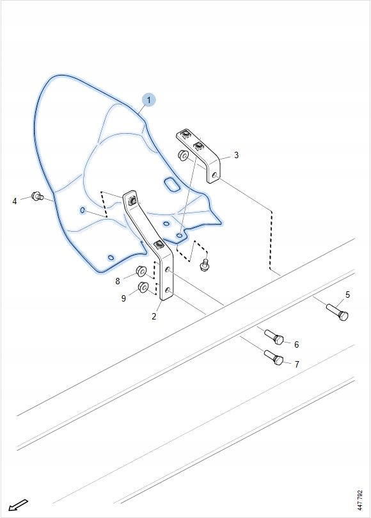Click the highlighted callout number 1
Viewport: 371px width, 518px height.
tap(149, 100)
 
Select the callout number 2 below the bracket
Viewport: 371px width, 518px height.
tap(154, 316)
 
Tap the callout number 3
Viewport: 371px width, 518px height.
tap(236, 155)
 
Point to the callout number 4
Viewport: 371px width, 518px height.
tap(15, 201)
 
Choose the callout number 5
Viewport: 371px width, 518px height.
tap(347, 295)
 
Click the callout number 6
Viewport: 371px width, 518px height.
tap(296, 344)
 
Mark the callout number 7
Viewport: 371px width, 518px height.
tap(297, 364)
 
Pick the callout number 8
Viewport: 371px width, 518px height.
tap(118, 281)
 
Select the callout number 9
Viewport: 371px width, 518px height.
tap(123, 298)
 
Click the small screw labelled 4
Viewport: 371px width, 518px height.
tap(37, 196)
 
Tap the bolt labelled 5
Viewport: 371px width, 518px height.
tap(337, 312)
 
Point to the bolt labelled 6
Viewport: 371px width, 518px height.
tap(274, 337)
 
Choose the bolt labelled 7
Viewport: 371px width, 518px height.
tap(274, 357)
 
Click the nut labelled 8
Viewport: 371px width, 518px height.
tap(141, 271)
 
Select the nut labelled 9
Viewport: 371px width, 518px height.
tap(143, 287)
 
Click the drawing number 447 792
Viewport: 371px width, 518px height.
tap(359, 500)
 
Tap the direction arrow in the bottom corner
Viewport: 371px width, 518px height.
tap(18, 505)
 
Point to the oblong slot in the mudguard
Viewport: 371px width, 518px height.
tap(172, 184)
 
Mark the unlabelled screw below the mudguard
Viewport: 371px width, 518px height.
tap(204, 264)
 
